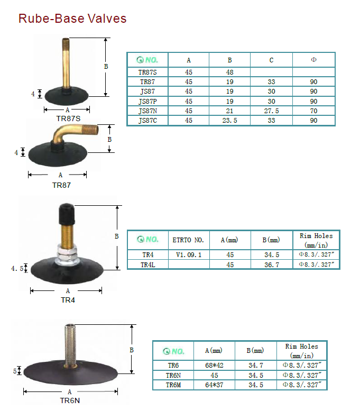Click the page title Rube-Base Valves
72,19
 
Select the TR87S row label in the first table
147,72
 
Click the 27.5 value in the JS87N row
271,111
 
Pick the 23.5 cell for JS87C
229,121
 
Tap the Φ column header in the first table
314,60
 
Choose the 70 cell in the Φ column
313,111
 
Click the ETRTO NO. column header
188,240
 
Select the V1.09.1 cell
189,255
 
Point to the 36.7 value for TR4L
272,265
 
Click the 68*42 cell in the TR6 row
214,365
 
